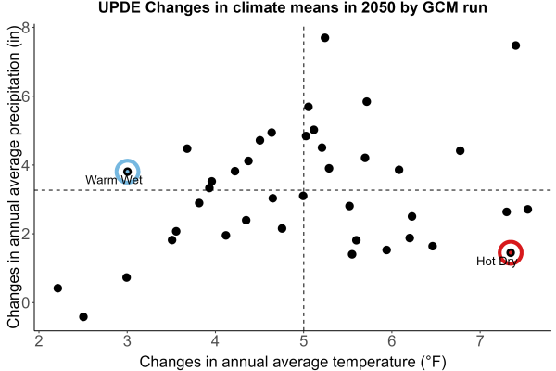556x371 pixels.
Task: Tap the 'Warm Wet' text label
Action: pyautogui.click(x=113, y=180)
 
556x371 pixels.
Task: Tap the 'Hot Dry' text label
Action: pyautogui.click(x=497, y=262)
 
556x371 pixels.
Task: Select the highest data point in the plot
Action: pyautogui.click(x=325, y=38)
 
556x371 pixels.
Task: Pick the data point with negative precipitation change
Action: pyautogui.click(x=83, y=316)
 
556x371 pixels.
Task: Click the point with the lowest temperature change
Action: pyautogui.click(x=57, y=288)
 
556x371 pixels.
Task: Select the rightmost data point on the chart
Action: pyautogui.click(x=527, y=210)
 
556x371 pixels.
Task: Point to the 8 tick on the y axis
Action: pyautogui.click(x=26, y=28)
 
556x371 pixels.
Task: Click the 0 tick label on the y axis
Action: pyautogui.click(x=26, y=303)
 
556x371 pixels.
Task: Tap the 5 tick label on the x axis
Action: pyautogui.click(x=304, y=341)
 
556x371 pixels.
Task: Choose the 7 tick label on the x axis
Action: pyautogui.click(x=480, y=341)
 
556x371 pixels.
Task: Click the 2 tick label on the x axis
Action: pyautogui.click(x=39, y=341)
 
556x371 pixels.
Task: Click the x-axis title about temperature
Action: pyautogui.click(x=293, y=362)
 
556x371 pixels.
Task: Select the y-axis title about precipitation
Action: pyautogui.click(x=14, y=177)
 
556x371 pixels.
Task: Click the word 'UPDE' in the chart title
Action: pyautogui.click(x=120, y=7)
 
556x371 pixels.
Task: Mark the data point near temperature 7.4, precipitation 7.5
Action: pyautogui.click(x=515, y=45)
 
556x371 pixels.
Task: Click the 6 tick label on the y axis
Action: pyautogui.click(x=26, y=96)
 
